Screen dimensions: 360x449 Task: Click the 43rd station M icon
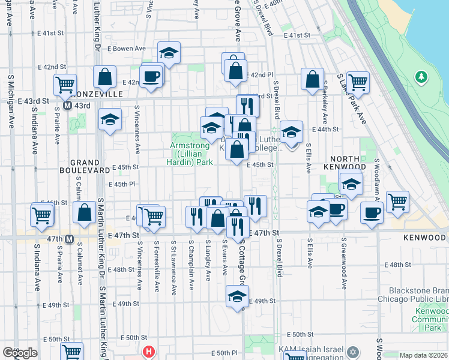pyautogui.click(x=68, y=105)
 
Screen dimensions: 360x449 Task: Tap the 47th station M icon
pyautogui.click(x=69, y=239)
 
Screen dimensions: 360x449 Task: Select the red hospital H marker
pyautogui.click(x=148, y=352)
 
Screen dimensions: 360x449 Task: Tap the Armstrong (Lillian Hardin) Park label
pyautogui.click(x=191, y=154)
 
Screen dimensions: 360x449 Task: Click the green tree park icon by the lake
pyautogui.click(x=421, y=77)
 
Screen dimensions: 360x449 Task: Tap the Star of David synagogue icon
pyautogui.click(x=353, y=350)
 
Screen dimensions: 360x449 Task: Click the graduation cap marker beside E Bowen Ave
pyautogui.click(x=169, y=54)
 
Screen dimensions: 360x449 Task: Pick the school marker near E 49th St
pyautogui.click(x=237, y=297)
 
